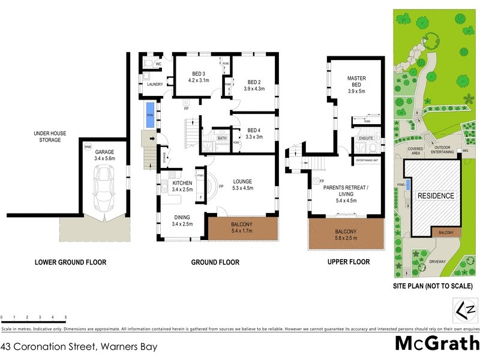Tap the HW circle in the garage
88,147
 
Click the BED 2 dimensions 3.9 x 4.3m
254,89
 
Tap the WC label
159,64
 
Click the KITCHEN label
182,183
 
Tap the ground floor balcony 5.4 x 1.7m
242,229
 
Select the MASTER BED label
356,82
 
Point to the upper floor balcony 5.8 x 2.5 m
346,235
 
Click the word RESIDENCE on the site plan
436,196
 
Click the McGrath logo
436,343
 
